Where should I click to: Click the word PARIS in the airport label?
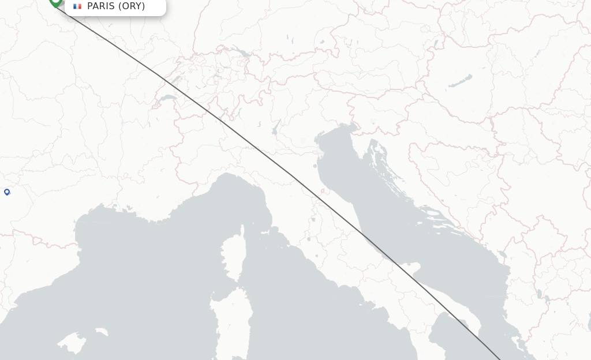[101, 6]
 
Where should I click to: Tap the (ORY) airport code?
[132, 6]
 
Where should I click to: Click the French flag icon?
[77, 6]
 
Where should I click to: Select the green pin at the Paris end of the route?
[55, 2]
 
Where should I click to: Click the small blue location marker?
[7, 192]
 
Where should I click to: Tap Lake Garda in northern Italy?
[276, 127]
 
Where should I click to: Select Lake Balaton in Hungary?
[460, 81]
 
